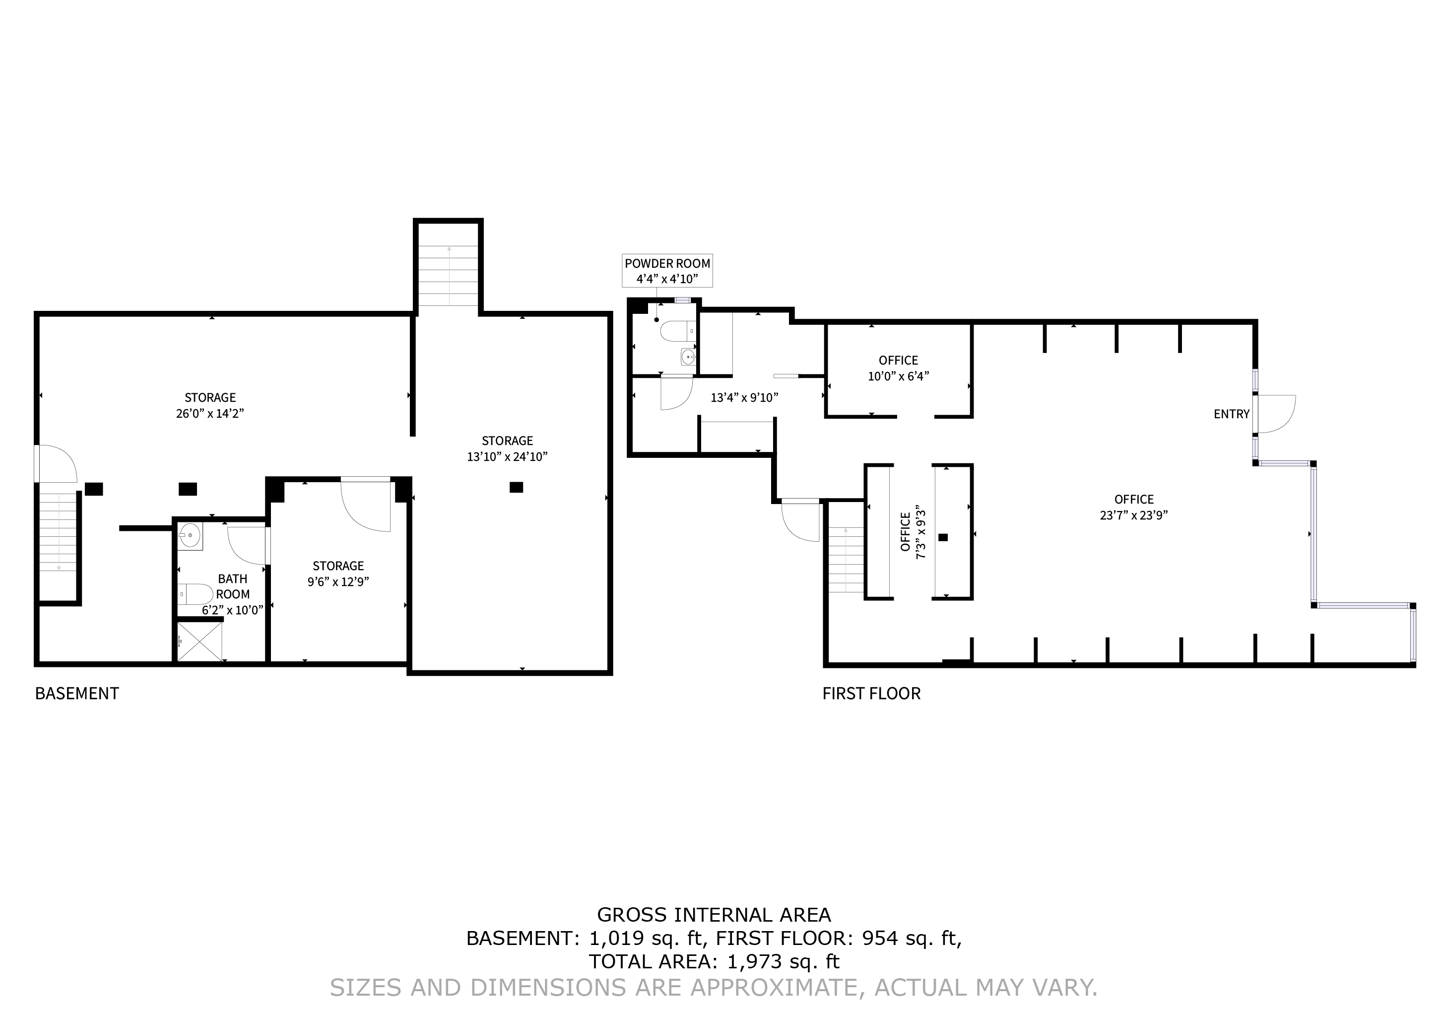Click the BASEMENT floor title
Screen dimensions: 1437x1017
click(x=77, y=693)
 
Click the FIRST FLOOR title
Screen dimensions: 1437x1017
click(x=871, y=693)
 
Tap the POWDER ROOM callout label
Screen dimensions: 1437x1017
click(x=667, y=264)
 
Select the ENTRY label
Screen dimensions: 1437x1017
click(x=1231, y=414)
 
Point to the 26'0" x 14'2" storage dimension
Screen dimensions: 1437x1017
click(x=210, y=413)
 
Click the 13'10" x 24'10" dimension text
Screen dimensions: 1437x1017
click(x=507, y=456)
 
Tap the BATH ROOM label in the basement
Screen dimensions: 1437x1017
click(x=233, y=586)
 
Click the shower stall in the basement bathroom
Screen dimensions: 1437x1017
click(x=199, y=641)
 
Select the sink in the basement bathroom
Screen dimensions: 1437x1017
click(x=190, y=536)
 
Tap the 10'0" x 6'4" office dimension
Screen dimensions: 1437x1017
click(x=898, y=376)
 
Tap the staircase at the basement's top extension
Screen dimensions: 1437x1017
click(x=449, y=276)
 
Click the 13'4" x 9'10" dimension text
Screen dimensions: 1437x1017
click(x=744, y=398)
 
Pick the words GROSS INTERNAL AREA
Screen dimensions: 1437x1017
click(x=714, y=915)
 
